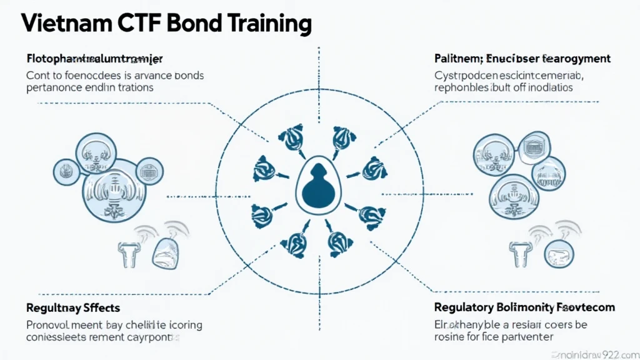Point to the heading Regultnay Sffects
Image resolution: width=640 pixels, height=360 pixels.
point(72,307)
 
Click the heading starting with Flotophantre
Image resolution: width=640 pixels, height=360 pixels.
point(94,58)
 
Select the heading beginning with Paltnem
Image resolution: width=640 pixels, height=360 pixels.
point(522,58)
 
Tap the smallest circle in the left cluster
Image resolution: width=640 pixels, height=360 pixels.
point(63,168)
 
